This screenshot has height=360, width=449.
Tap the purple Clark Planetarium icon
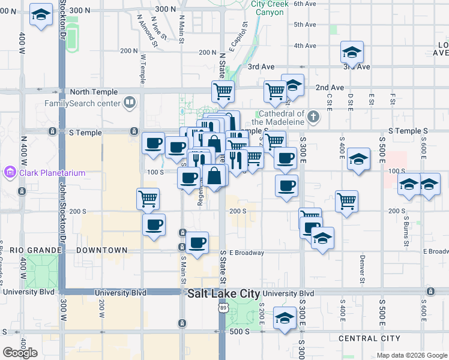[x=9, y=173]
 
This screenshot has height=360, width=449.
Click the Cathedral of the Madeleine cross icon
[x=313, y=117]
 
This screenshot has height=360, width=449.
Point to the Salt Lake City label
[x=223, y=294]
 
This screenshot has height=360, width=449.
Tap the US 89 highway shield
[x=223, y=308]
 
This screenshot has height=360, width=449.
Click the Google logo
[x=20, y=353]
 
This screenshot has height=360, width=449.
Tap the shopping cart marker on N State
[x=223, y=91]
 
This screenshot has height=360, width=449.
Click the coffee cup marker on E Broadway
[x=197, y=241]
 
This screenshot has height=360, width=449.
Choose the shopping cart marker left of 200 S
[x=148, y=197]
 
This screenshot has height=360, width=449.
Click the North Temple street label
[x=92, y=92]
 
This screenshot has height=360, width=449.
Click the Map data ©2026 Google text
[x=411, y=355]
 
